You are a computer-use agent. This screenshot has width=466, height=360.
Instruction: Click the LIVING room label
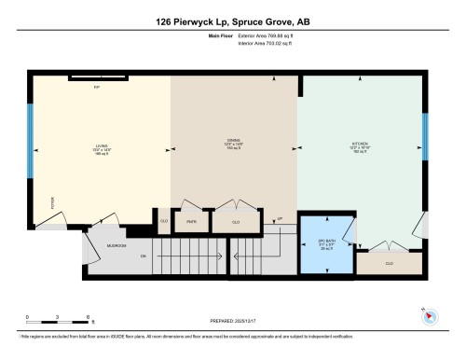point(102,146)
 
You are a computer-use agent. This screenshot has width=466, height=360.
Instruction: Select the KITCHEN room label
point(359,146)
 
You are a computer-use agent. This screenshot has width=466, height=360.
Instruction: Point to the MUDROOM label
point(116,246)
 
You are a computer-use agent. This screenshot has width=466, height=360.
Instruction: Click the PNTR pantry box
point(190,222)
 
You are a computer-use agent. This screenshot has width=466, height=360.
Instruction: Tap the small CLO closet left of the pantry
point(164,222)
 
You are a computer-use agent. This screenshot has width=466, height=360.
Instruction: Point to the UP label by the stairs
point(280,220)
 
